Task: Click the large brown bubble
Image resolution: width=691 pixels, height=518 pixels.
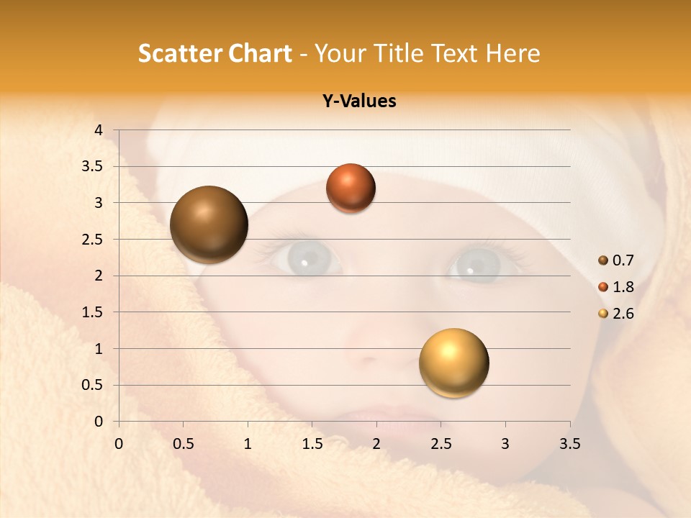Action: pyautogui.click(x=209, y=224)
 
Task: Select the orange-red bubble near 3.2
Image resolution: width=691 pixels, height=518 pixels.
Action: pyautogui.click(x=351, y=188)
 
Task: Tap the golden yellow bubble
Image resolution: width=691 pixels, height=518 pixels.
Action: pyautogui.click(x=453, y=363)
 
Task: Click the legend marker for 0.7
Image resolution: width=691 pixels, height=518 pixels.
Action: pyautogui.click(x=603, y=260)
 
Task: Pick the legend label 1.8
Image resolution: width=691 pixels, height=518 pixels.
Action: pyautogui.click(x=623, y=287)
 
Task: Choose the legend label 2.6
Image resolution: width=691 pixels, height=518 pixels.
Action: pyautogui.click(x=623, y=314)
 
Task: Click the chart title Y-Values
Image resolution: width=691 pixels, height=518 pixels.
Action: pyautogui.click(x=358, y=101)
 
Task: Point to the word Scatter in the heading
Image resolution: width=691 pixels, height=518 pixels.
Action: pyautogui.click(x=179, y=53)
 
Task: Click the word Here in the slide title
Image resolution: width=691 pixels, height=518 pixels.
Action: pyautogui.click(x=512, y=53)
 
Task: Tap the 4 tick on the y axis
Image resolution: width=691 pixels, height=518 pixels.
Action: pyautogui.click(x=99, y=129)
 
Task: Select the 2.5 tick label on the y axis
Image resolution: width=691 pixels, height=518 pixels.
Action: pyautogui.click(x=91, y=240)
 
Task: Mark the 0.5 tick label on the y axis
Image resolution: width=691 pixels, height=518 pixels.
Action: pyautogui.click(x=91, y=385)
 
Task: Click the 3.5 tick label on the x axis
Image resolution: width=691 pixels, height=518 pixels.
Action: pyautogui.click(x=569, y=444)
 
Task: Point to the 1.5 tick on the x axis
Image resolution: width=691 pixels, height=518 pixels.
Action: pyautogui.click(x=312, y=444)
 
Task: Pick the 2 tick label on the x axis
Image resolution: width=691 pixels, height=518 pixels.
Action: pyautogui.click(x=376, y=444)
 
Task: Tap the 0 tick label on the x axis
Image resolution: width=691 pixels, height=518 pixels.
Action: pyautogui.click(x=119, y=444)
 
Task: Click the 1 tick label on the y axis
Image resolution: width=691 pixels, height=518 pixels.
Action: pyautogui.click(x=99, y=349)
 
